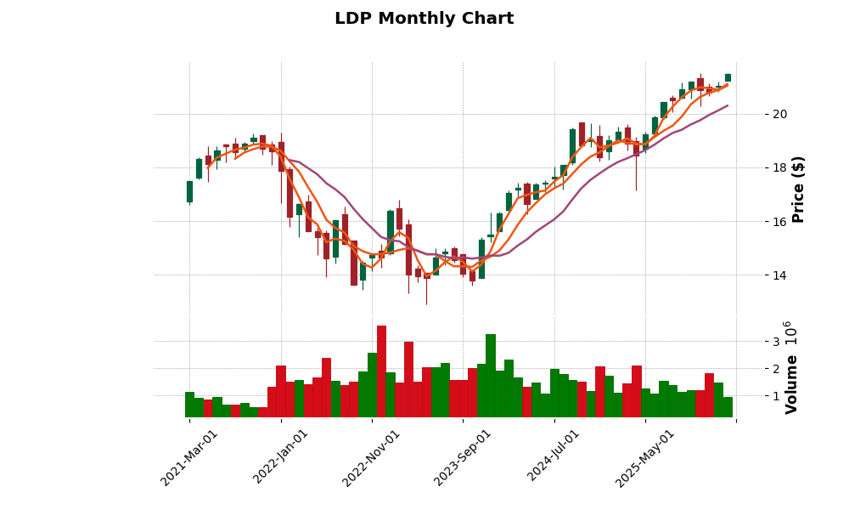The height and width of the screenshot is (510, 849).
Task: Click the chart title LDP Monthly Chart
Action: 424,19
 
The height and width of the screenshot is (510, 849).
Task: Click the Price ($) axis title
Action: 798,189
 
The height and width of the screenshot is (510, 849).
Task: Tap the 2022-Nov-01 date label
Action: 372,457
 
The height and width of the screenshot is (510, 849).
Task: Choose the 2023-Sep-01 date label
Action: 464,457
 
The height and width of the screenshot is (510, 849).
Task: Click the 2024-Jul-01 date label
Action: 554,457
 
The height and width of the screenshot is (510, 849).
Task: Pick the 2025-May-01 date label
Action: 646,457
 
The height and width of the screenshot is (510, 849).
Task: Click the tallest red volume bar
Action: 381,371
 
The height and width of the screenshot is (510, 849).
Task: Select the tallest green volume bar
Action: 491,376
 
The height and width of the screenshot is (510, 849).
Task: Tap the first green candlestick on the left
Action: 189,191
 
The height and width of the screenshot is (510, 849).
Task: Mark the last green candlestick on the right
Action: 728,77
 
